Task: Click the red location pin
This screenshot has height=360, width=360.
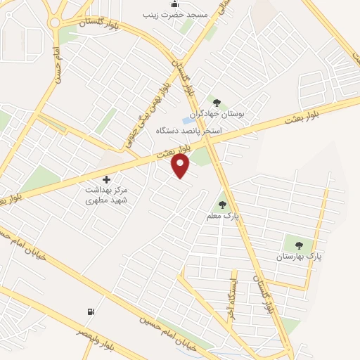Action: tap(181, 165)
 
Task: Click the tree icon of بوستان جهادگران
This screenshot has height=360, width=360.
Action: tap(217, 103)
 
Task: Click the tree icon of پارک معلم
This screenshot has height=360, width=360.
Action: tap(223, 205)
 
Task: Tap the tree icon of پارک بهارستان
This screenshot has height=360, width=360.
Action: tap(299, 245)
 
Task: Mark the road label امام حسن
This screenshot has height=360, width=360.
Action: tap(56, 63)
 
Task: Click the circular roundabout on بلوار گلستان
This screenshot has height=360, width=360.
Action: tap(55, 22)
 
